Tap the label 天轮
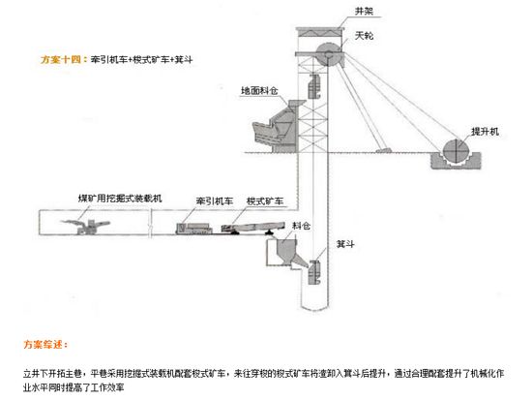364,36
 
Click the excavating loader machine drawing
82,227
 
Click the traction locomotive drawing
194,228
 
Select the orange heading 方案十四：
62,58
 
